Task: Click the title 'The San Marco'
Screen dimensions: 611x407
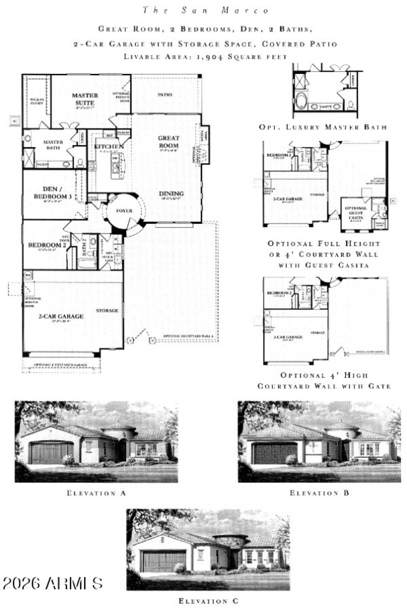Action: pos(203,10)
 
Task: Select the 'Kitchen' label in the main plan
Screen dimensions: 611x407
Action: pos(109,147)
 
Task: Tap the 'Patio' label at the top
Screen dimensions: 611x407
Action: pos(164,95)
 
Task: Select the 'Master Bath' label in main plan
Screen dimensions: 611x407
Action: pos(52,145)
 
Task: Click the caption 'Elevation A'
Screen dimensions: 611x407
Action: pos(96,492)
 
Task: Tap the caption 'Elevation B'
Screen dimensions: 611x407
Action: pos(319,492)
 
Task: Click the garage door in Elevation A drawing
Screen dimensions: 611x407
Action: pos(51,453)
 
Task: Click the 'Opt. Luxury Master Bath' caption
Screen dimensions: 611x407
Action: pos(323,127)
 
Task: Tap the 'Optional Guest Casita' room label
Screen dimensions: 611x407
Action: pos(356,211)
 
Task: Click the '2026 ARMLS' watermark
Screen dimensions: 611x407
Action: pos(52,583)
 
